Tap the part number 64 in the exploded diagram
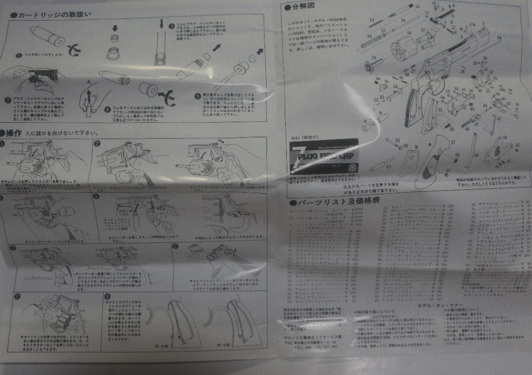click(x=499, y=38)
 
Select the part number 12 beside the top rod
click(x=417, y=7)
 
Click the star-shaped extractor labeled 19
click(x=368, y=66)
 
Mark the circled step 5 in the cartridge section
click(x=197, y=97)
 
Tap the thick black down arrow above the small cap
click(x=115, y=28)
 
